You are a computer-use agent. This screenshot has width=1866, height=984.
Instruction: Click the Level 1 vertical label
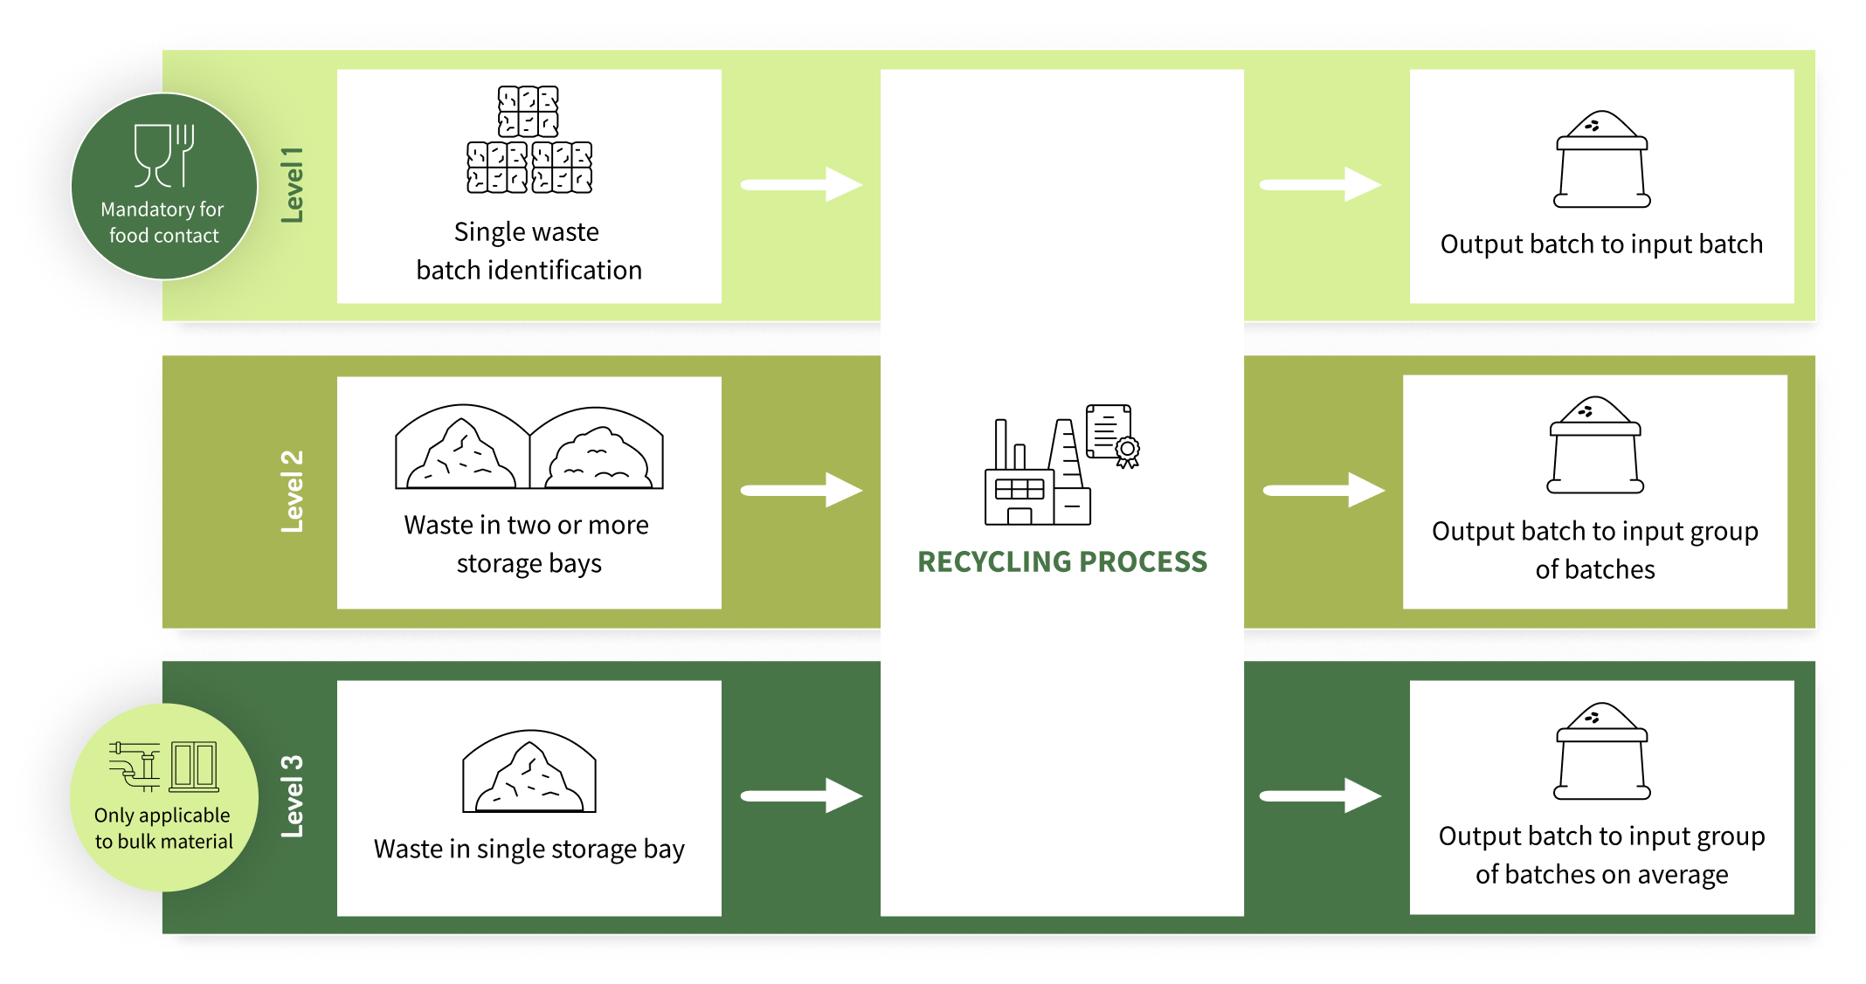(292, 185)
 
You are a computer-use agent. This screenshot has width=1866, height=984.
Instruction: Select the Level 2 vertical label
(292, 492)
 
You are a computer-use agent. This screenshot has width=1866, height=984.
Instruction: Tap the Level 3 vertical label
(292, 796)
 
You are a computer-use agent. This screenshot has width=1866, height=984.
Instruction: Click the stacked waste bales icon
(529, 140)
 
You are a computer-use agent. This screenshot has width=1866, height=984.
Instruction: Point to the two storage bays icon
(529, 447)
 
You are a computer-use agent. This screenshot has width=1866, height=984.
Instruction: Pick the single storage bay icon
(529, 772)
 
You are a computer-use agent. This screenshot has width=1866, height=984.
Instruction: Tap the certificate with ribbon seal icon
(1112, 435)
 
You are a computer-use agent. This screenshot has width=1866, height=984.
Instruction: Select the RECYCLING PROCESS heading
(1062, 562)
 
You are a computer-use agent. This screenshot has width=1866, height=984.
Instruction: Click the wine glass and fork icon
(164, 155)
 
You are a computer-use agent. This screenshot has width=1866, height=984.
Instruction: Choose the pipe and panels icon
(163, 766)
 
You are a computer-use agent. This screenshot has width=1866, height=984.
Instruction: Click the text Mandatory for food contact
(163, 223)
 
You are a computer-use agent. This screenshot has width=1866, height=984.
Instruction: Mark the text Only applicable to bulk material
(163, 829)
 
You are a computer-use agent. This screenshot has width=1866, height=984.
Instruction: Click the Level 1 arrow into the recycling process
(801, 185)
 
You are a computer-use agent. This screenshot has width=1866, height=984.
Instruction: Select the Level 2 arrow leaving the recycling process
(1323, 491)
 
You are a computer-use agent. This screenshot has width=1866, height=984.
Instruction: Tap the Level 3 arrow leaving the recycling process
(1320, 795)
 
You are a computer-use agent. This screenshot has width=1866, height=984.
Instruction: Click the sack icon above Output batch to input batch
(1601, 160)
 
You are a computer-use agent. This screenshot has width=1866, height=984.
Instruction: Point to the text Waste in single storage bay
(529, 850)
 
